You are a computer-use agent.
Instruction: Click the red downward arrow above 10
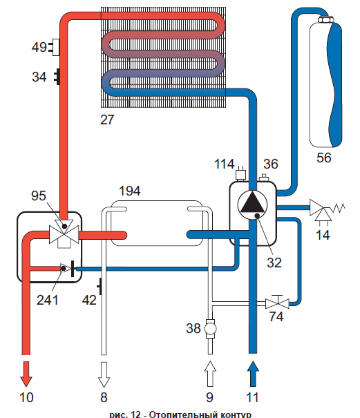[x=26, y=374]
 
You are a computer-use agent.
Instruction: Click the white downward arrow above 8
[x=104, y=374]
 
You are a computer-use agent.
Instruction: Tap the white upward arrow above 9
[x=210, y=374]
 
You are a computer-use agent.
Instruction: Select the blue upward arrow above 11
[x=253, y=374]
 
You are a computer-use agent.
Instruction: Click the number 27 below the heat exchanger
[x=107, y=120]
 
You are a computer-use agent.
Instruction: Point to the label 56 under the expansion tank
[x=324, y=158]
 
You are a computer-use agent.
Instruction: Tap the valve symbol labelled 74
[x=277, y=303]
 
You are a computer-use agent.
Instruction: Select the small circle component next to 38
[x=210, y=329]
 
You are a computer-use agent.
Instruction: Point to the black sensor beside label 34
[x=57, y=77]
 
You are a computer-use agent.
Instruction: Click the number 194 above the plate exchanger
[x=129, y=191]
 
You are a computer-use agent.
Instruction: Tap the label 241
[x=47, y=300]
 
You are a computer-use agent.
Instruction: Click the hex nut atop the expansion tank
[x=325, y=20]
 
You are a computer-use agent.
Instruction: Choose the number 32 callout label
[x=274, y=263]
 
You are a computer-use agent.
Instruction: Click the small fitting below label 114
[x=240, y=173]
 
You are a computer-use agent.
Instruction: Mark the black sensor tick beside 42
[x=100, y=286]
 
